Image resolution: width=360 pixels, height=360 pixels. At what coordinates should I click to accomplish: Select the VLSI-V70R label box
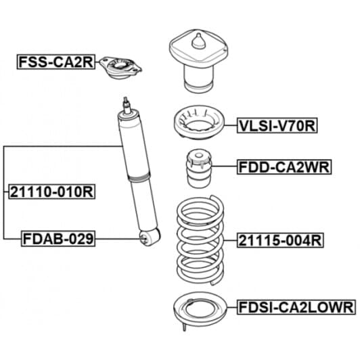click(x=277, y=125)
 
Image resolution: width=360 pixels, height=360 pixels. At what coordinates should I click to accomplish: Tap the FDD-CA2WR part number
click(x=284, y=166)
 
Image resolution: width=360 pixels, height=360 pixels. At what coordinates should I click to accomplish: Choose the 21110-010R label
click(x=51, y=192)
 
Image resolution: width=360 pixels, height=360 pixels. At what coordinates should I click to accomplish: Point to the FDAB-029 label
click(x=58, y=238)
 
